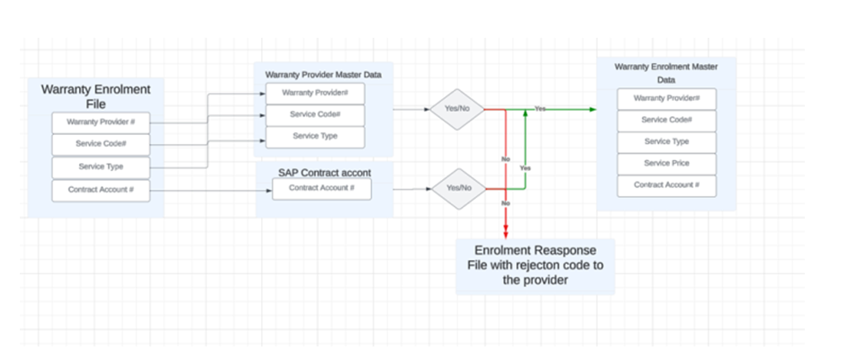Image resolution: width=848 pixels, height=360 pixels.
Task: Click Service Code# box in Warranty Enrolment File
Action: [101, 144]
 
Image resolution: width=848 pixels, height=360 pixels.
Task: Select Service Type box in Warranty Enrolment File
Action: [101, 166]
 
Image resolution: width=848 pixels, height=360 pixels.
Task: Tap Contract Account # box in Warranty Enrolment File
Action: [101, 189]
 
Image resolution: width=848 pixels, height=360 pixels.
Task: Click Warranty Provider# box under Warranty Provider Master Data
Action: [314, 93]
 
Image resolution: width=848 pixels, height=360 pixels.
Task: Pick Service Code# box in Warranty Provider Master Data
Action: [314, 114]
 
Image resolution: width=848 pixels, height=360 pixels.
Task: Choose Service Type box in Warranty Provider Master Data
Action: [314, 136]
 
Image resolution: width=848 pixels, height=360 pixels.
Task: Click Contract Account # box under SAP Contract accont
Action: [321, 188]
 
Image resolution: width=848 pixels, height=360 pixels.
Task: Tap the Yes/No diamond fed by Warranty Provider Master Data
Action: [457, 109]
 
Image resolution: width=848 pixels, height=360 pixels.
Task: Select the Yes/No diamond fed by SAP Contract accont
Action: [457, 189]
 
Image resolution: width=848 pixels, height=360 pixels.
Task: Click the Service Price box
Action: [666, 164]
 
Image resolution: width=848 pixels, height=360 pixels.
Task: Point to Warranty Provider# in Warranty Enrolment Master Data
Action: [666, 98]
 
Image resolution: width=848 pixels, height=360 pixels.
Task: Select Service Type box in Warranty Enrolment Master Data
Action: [666, 141]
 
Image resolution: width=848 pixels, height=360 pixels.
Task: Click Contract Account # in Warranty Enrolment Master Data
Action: [666, 185]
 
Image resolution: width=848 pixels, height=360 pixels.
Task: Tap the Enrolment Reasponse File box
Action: [535, 266]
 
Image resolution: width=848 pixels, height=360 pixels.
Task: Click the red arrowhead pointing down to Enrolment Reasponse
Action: [506, 233]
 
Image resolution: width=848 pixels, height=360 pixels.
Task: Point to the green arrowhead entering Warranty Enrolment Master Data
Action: [591, 109]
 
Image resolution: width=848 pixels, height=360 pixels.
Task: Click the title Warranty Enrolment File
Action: [95, 97]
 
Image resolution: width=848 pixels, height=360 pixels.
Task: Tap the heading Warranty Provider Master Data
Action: [323, 75]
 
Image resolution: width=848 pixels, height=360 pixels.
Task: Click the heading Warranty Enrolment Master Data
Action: [666, 73]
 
